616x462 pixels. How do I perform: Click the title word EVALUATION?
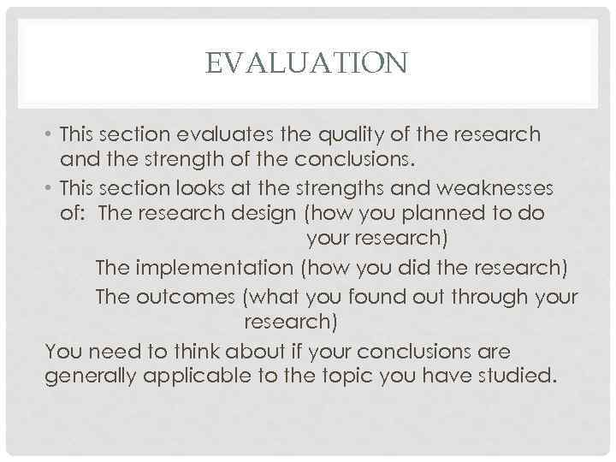pyautogui.click(x=308, y=63)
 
